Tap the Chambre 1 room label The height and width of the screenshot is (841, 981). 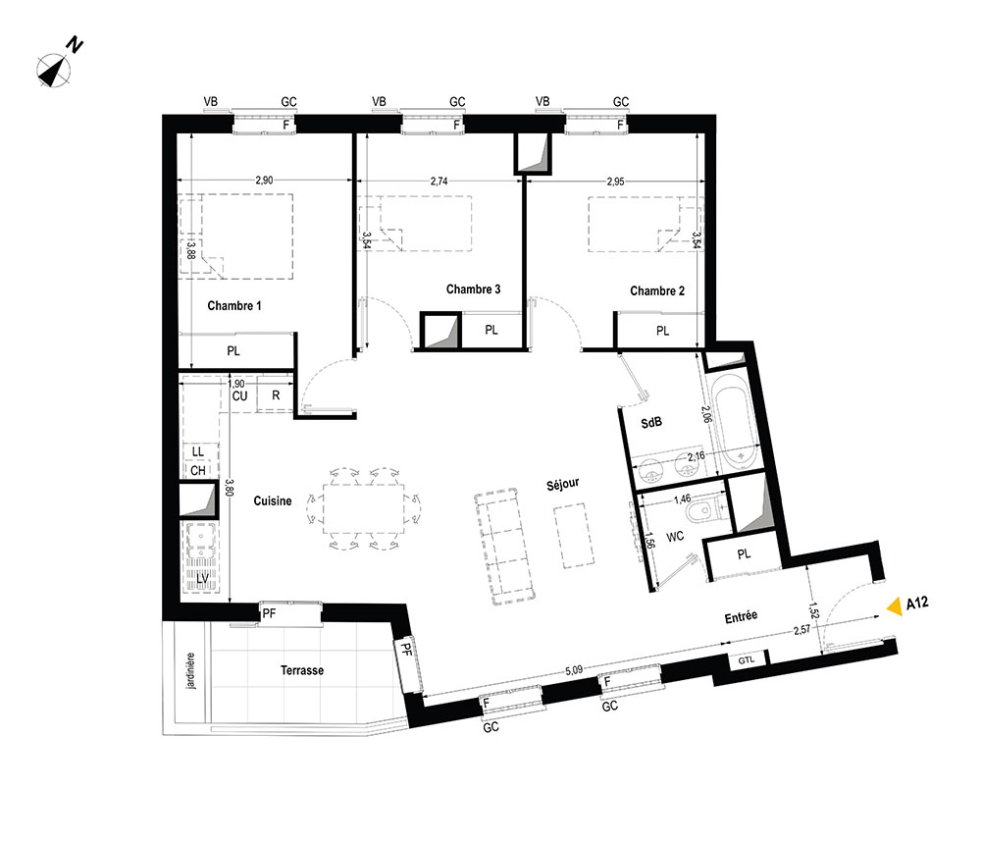[234, 306]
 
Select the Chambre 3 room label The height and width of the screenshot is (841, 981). [473, 289]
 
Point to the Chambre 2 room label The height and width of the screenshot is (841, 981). [657, 291]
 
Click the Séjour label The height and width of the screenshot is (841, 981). [562, 484]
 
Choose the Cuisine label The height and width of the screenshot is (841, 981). [272, 500]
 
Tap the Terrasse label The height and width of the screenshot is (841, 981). [301, 670]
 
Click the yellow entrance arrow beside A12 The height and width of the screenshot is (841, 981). [896, 605]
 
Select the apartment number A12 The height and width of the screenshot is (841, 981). [917, 604]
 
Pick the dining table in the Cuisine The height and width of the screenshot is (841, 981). [364, 508]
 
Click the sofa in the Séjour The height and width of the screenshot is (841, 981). [504, 548]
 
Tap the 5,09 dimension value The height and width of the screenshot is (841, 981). [574, 670]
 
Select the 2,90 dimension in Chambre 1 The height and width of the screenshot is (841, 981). [264, 181]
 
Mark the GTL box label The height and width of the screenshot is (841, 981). [747, 660]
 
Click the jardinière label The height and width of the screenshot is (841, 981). [191, 671]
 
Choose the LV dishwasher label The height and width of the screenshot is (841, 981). [203, 579]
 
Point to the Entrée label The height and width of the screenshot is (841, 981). [741, 617]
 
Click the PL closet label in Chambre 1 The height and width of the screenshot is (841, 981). [233, 351]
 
